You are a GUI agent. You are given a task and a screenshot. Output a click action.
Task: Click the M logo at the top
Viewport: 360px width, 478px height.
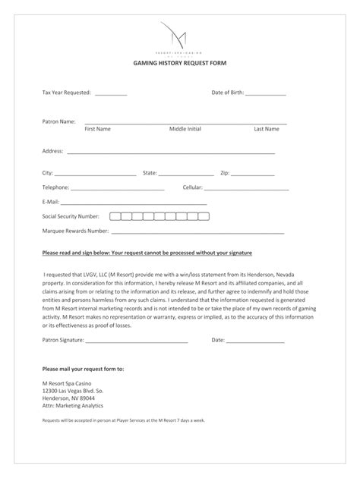180,35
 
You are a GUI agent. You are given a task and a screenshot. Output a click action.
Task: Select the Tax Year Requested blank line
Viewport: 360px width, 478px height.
112,94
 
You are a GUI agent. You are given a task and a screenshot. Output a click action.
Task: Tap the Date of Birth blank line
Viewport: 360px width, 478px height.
266,94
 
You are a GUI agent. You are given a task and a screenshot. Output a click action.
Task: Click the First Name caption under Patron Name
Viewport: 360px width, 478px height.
97,129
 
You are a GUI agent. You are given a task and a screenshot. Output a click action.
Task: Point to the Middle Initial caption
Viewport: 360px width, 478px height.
185,129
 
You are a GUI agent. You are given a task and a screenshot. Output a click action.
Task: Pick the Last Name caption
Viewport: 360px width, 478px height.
266,129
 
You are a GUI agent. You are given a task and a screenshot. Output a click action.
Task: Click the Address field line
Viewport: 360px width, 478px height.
171,153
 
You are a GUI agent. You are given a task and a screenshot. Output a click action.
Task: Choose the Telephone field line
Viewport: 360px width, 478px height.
118,189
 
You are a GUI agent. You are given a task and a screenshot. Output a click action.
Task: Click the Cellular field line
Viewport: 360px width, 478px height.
246,189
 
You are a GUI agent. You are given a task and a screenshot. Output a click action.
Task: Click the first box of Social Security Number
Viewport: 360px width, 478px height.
115,216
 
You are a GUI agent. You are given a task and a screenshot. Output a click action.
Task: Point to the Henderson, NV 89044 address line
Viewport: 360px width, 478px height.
68,398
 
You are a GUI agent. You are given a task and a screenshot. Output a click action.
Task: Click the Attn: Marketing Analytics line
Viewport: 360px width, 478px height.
72,405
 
